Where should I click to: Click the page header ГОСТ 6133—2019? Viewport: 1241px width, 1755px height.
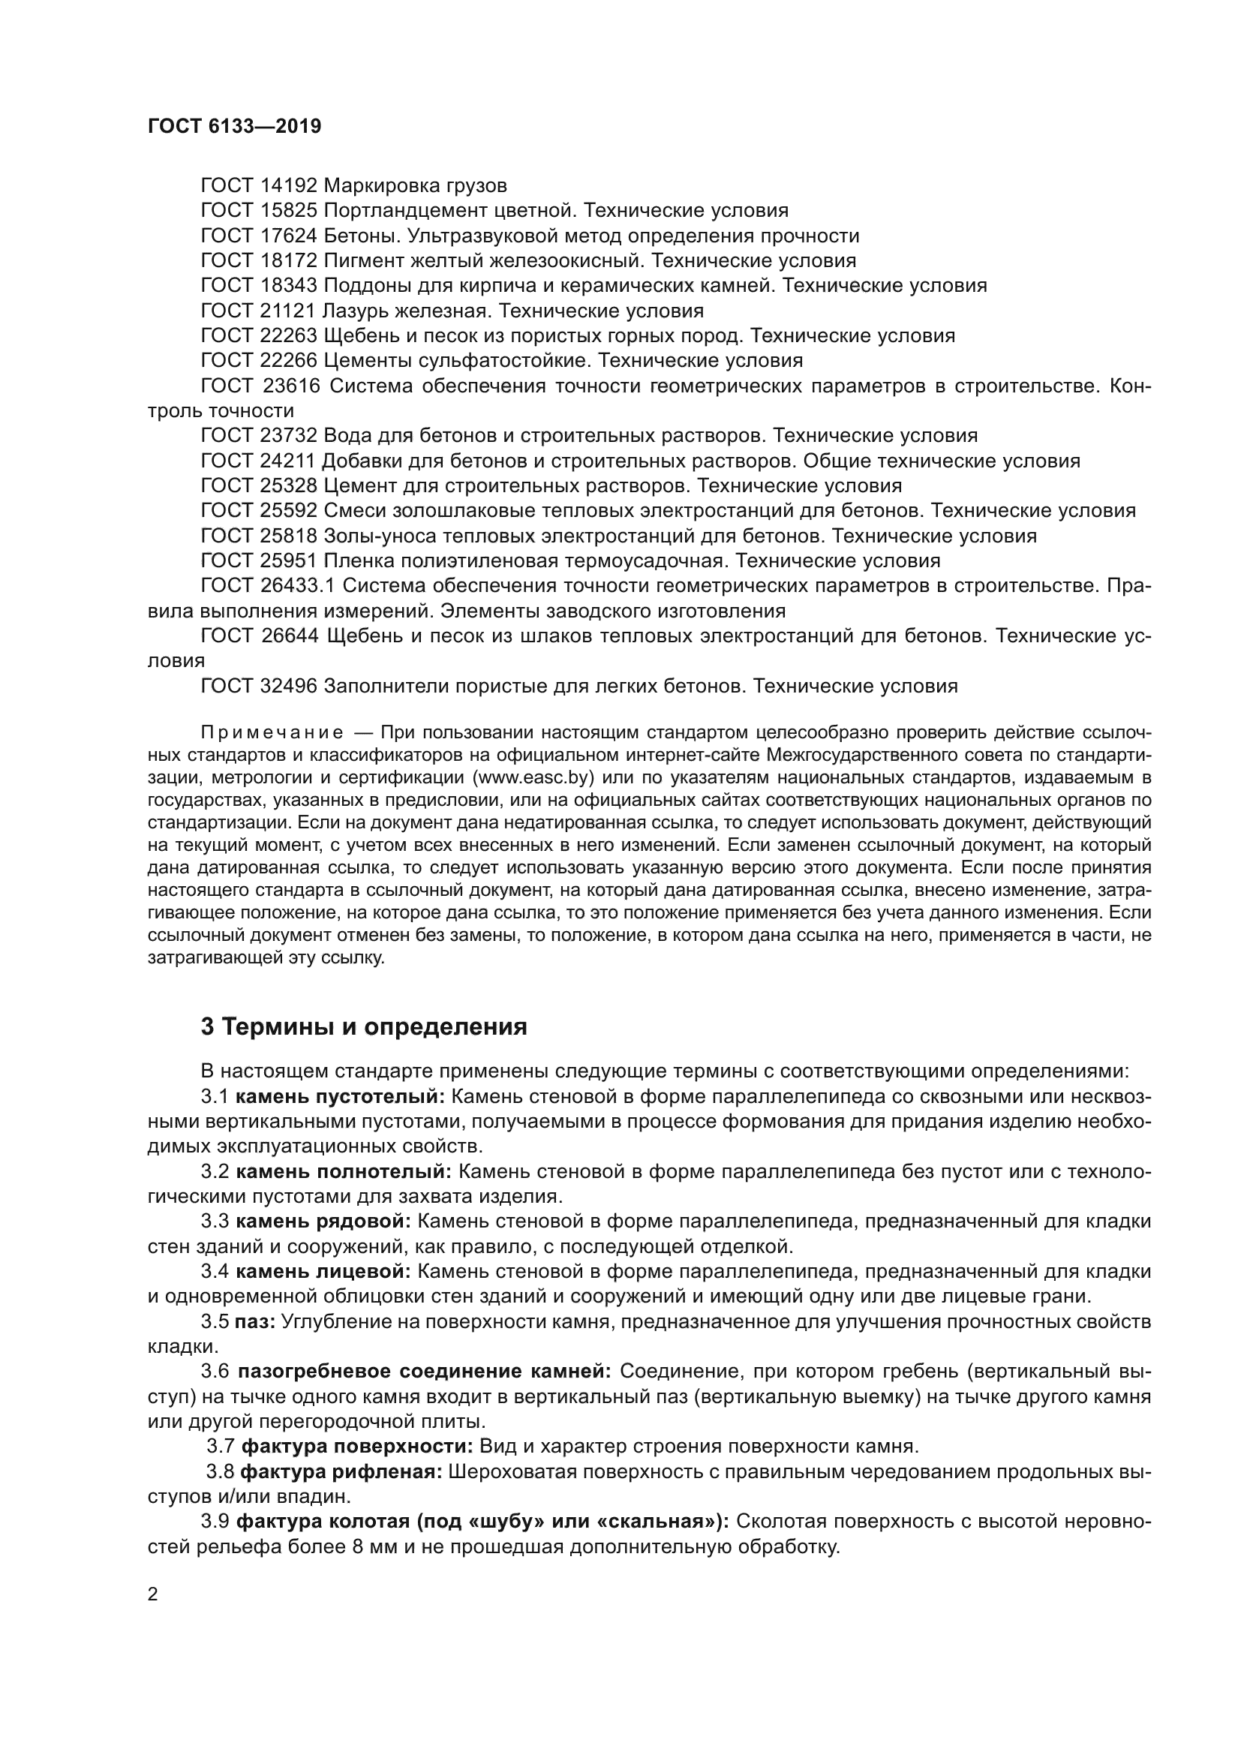234,127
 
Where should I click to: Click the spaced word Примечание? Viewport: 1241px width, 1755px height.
272,733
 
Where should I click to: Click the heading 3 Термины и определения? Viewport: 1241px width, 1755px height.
364,1026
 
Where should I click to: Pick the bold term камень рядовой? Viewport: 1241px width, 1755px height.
323,1222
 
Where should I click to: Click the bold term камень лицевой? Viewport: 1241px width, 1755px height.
323,1271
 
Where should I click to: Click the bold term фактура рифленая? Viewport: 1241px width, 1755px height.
341,1471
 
